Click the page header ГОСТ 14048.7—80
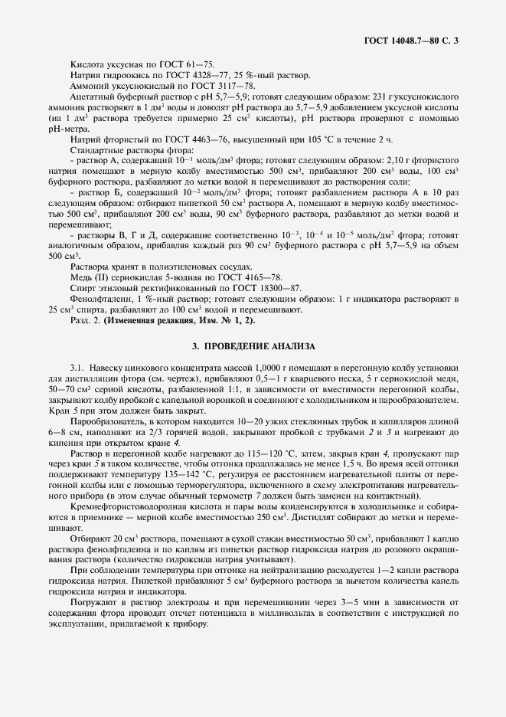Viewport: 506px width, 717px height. [x=413, y=38]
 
